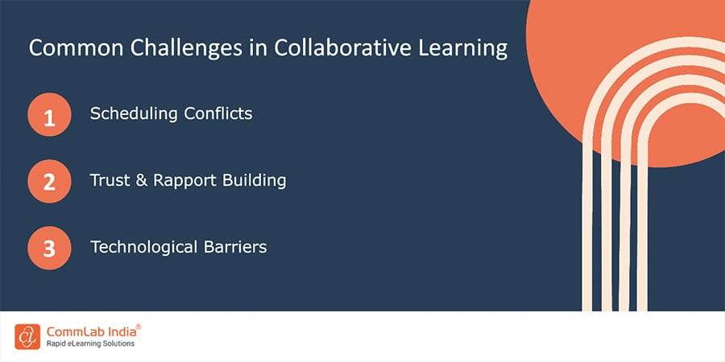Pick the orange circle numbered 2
pyautogui.click(x=48, y=181)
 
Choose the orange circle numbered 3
pyautogui.click(x=48, y=248)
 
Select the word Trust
pyautogui.click(x=110, y=180)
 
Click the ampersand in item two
pyautogui.click(x=144, y=180)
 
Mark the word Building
pyautogui.click(x=255, y=180)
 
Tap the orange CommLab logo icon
pyautogui.click(x=27, y=336)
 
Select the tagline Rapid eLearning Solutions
pyautogui.click(x=89, y=343)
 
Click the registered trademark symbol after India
pyautogui.click(x=138, y=327)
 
